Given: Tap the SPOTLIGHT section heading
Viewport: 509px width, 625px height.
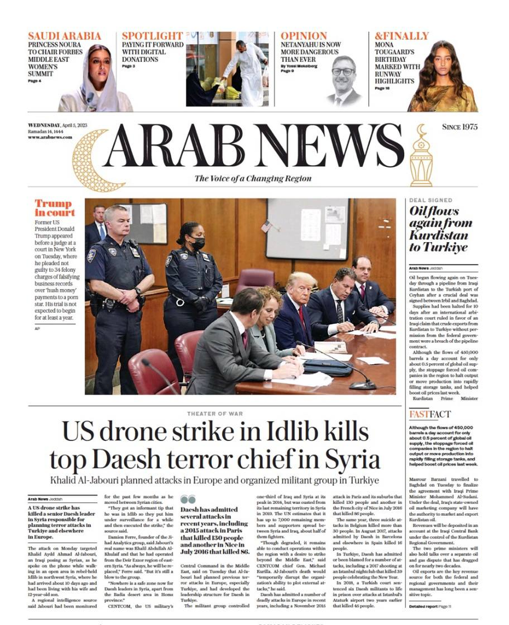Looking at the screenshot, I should click(x=152, y=36).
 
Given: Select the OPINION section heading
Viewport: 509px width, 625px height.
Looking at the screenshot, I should click(x=304, y=36).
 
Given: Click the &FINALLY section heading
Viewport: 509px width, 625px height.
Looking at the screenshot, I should click(x=401, y=36).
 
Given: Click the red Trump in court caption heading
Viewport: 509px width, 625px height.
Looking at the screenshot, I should click(x=55, y=208).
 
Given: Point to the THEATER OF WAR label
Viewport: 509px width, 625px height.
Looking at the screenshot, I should click(x=214, y=414).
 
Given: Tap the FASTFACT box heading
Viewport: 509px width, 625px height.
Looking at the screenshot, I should click(x=430, y=414).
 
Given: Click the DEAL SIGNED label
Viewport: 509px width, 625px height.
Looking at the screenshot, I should click(x=431, y=200).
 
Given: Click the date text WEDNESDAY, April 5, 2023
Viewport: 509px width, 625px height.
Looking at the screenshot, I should click(x=61, y=126).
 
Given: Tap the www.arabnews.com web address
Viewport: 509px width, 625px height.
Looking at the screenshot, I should click(x=50, y=137).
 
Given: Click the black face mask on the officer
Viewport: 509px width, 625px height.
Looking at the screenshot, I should click(x=198, y=243).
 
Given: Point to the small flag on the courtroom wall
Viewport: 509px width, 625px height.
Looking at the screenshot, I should click(x=266, y=226).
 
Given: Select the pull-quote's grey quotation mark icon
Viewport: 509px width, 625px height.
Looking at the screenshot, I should click(x=188, y=499).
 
